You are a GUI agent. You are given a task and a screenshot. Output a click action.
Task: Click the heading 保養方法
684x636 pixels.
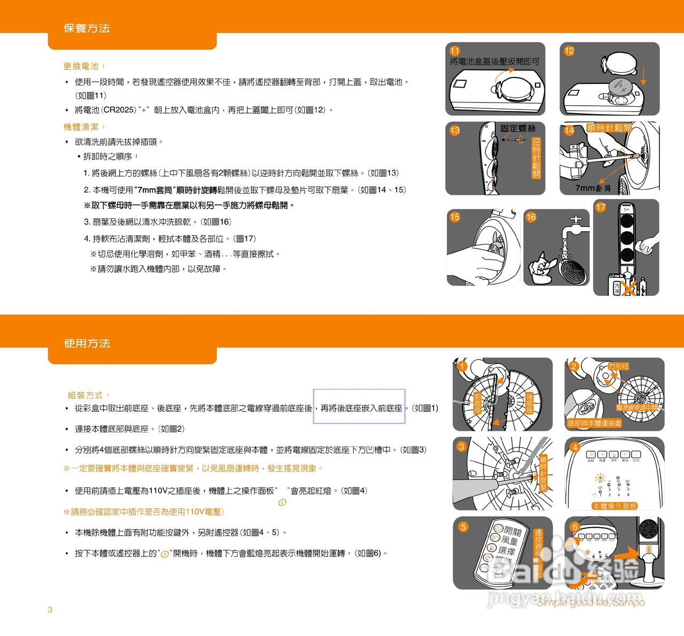pyautogui.click(x=87, y=28)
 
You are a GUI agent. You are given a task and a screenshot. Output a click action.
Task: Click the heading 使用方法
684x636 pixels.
pyautogui.click(x=87, y=343)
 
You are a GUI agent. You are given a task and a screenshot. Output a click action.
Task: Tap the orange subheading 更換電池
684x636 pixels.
pyautogui.click(x=84, y=66)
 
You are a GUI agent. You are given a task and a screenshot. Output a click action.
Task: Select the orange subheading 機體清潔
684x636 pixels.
pyautogui.click(x=84, y=127)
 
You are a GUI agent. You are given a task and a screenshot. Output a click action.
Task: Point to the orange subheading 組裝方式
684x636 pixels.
pyautogui.click(x=88, y=395)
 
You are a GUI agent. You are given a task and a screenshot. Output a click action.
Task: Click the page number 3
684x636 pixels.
pyautogui.click(x=50, y=609)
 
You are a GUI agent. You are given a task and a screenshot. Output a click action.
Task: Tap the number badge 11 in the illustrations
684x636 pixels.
pyautogui.click(x=455, y=51)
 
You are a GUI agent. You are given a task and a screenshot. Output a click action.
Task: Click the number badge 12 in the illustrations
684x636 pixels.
pyautogui.click(x=569, y=51)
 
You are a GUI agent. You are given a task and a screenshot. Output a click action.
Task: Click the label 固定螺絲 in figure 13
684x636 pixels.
pyautogui.click(x=518, y=129)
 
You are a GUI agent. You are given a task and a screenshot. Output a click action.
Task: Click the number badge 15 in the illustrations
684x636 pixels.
pyautogui.click(x=455, y=217)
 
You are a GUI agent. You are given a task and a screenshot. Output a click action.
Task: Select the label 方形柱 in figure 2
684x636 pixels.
pyautogui.click(x=619, y=366)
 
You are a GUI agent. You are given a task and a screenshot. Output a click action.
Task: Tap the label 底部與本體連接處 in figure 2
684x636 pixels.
pyautogui.click(x=594, y=423)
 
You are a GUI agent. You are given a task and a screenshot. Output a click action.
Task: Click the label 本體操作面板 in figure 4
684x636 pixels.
pyautogui.click(x=615, y=506)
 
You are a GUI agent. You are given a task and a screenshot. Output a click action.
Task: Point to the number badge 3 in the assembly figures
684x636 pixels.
pyautogui.click(x=462, y=446)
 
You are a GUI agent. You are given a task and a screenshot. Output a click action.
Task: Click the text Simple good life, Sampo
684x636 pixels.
pyautogui.click(x=590, y=602)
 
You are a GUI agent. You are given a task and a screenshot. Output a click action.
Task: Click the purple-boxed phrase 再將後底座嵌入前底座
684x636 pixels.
pyautogui.click(x=361, y=408)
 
